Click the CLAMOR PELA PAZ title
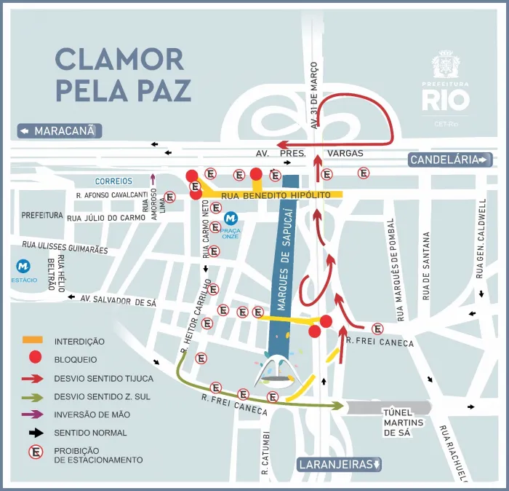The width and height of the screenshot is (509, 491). pyautogui.click(x=123, y=75)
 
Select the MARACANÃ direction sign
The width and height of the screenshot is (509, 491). pyautogui.click(x=60, y=131)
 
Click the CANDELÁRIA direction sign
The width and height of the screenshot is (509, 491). pyautogui.click(x=451, y=160)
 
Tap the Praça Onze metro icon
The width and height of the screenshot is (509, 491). pyautogui.click(x=231, y=218)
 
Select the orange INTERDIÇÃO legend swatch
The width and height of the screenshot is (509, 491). pyautogui.click(x=33, y=340)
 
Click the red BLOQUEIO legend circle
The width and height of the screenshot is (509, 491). pyautogui.click(x=33, y=358)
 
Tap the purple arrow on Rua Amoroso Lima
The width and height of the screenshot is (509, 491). pyautogui.click(x=153, y=180)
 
